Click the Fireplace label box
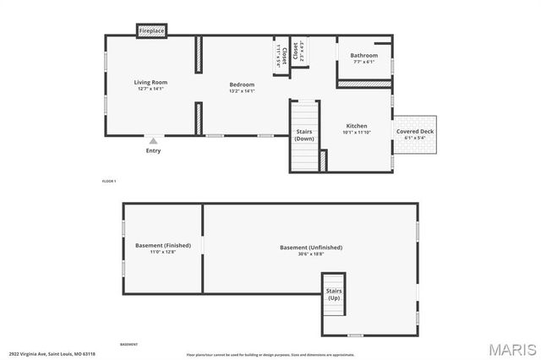[152, 31]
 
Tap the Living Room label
[151, 83]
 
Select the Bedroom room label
[242, 85]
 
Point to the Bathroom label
[364, 56]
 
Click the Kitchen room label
[357, 125]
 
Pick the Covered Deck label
[414, 132]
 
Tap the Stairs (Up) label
[334, 295]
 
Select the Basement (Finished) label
[163, 246]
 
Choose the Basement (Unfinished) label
[311, 248]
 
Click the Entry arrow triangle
[153, 141]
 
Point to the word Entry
[153, 151]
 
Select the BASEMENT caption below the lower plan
[128, 345]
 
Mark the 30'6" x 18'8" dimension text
[311, 254]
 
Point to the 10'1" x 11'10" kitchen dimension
[357, 133]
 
